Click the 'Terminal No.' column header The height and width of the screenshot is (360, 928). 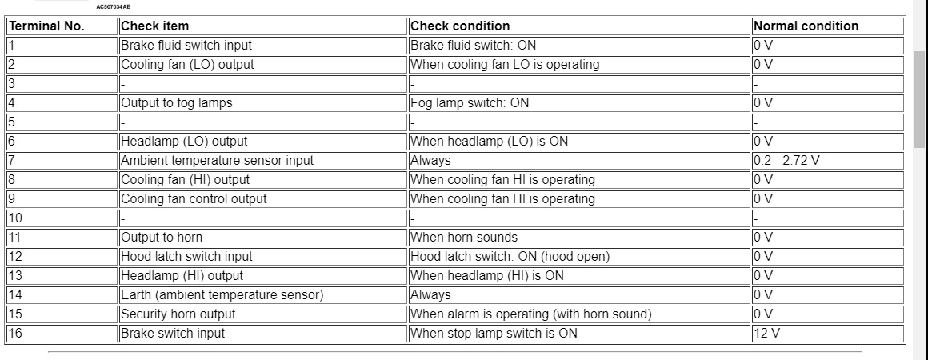pyautogui.click(x=46, y=26)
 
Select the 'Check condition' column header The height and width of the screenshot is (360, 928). pyautogui.click(x=460, y=26)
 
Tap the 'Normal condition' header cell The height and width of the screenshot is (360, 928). pyautogui.click(x=806, y=26)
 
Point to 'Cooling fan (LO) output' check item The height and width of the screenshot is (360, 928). pyautogui.click(x=187, y=64)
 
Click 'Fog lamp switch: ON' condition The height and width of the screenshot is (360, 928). pyautogui.click(x=470, y=102)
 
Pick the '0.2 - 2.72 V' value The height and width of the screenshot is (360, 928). pyautogui.click(x=786, y=160)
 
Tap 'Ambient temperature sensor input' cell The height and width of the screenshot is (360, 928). pyautogui.click(x=217, y=160)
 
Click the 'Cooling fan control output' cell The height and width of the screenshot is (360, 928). pyautogui.click(x=194, y=198)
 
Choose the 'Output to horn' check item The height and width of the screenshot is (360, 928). pyautogui.click(x=162, y=237)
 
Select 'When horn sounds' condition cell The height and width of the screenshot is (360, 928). pyautogui.click(x=464, y=237)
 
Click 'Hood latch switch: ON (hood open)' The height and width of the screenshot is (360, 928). pyautogui.click(x=510, y=256)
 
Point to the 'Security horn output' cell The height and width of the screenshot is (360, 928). pyautogui.click(x=178, y=314)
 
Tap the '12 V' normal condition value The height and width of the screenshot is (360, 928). pyautogui.click(x=766, y=333)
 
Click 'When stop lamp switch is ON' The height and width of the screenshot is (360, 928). pyautogui.click(x=494, y=333)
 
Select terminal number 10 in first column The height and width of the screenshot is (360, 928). pyautogui.click(x=16, y=218)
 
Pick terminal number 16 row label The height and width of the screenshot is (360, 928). pyautogui.click(x=16, y=333)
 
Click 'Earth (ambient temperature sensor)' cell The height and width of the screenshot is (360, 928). pyautogui.click(x=222, y=294)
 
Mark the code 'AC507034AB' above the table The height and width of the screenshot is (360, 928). pyautogui.click(x=113, y=6)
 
